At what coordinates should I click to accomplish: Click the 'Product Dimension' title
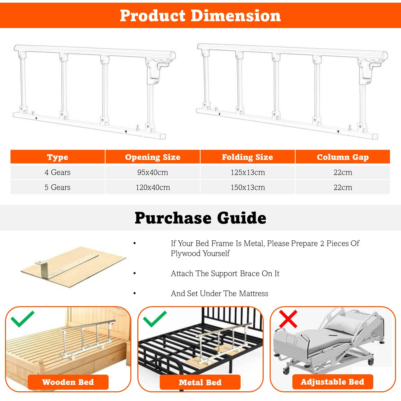tap(200, 16)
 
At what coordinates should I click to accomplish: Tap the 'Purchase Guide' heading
tap(200, 218)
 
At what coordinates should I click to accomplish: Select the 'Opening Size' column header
tap(153, 157)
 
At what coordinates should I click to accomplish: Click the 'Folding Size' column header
tap(248, 157)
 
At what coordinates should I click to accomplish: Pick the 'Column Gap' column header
tap(343, 157)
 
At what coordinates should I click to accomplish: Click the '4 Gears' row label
tap(57, 172)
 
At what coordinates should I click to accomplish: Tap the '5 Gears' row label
tap(57, 187)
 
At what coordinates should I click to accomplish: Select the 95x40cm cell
tap(153, 172)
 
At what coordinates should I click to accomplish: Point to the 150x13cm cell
tap(248, 188)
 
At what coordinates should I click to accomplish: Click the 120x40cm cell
tap(153, 188)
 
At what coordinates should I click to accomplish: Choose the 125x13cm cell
tap(248, 172)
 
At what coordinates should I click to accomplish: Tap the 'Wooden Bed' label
tap(68, 382)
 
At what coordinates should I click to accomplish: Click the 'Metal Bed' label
tap(200, 382)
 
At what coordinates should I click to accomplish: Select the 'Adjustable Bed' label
tap(332, 382)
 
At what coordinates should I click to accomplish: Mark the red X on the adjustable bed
tap(288, 319)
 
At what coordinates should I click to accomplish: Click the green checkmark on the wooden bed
tap(22, 319)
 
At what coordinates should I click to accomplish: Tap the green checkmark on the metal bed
tap(155, 319)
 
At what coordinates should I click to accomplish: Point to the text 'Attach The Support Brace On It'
tap(225, 273)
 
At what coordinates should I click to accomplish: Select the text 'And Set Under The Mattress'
tap(220, 293)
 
